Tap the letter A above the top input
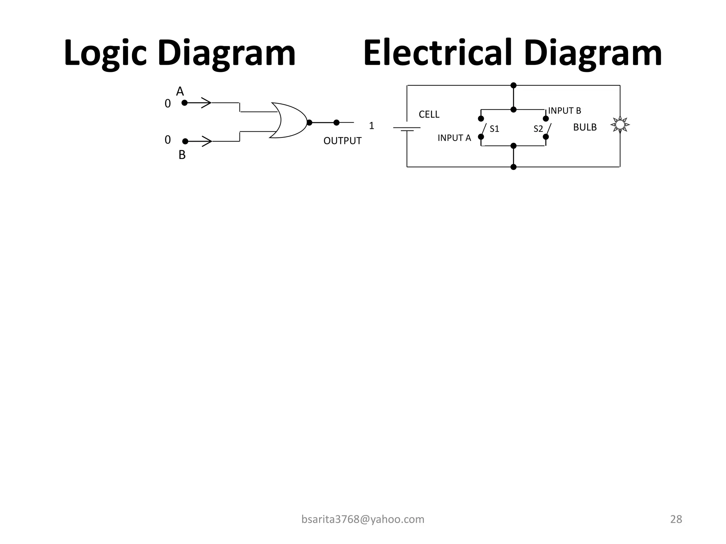pos(180,92)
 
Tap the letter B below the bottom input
pos(182,155)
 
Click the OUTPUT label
pos(342,141)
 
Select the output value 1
pos(372,126)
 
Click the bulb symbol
pos(620,125)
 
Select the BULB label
pos(585,127)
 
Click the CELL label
pos(429,114)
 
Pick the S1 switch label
pos(494,129)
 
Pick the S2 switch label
pos(538,129)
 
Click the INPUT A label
pos(454,138)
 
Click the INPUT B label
pos(564,111)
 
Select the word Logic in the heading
pos(105,53)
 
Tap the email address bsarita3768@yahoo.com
pos(363,519)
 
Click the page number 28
pos(676,519)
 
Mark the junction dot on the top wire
pos(513,85)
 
